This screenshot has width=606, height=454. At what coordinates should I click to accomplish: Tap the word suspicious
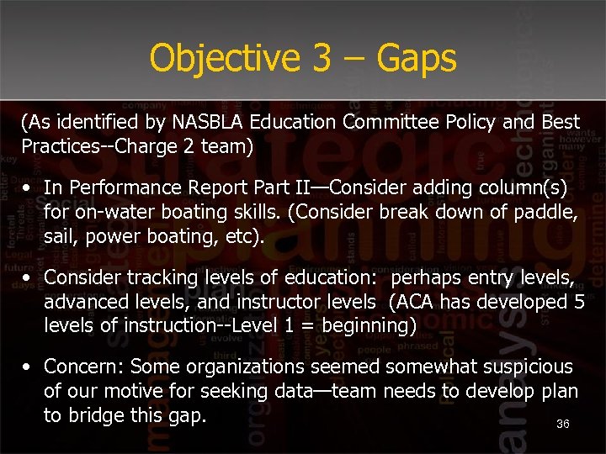pyautogui.click(x=521, y=367)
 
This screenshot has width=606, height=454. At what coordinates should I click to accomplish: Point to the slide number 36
pyautogui.click(x=563, y=425)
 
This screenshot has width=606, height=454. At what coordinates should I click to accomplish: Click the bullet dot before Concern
pyautogui.click(x=28, y=367)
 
